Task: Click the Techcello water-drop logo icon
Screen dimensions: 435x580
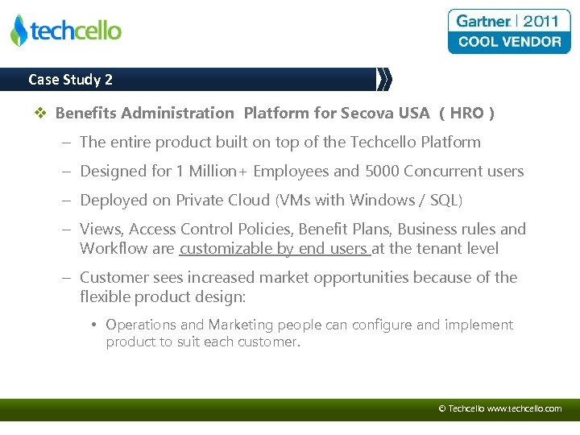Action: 19,31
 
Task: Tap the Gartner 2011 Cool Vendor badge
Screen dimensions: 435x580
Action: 508,31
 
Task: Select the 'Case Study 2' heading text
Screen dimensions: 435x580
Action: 70,80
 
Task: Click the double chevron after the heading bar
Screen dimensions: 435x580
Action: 384,79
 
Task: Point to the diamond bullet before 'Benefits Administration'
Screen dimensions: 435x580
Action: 43,114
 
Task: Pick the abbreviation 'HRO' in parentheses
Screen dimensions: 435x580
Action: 466,113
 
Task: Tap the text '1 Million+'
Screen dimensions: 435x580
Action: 211,171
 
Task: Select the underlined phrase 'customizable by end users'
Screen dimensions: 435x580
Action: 274,248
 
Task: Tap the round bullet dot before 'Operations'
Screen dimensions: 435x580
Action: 94,325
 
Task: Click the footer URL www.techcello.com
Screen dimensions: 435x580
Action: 524,408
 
